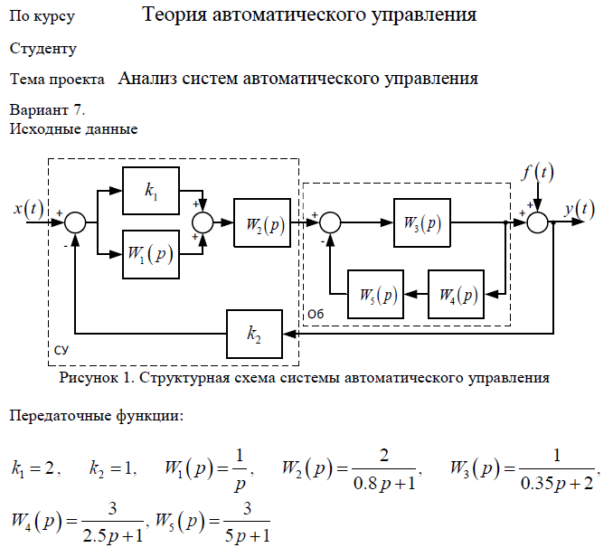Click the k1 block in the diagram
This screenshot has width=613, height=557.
pos(150,191)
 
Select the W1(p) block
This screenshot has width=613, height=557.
pos(150,254)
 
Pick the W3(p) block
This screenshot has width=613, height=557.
pos(422,222)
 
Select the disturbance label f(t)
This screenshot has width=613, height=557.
pos(538,171)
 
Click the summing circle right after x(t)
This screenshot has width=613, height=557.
pos(76,222)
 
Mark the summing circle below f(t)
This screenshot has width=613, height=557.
pos(539,222)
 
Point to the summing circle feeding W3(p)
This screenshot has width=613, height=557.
pos(331,222)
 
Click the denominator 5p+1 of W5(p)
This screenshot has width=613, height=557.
pos(245,536)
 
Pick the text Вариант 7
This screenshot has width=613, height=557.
pos(47,110)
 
